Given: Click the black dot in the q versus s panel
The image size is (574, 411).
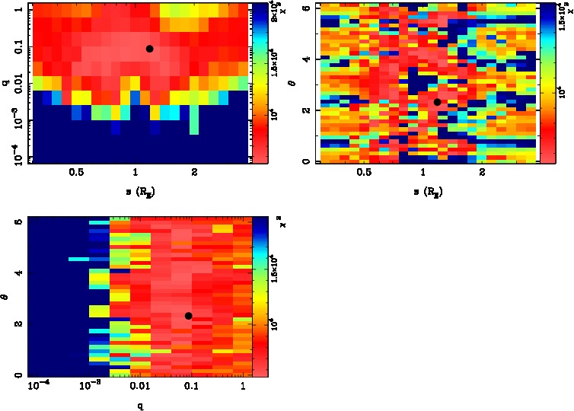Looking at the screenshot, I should (x=149, y=49).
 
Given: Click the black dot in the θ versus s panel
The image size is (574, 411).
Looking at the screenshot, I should (x=437, y=102).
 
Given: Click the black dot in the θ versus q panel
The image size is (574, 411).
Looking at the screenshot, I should (x=188, y=316).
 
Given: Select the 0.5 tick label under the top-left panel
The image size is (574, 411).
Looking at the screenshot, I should (x=76, y=173).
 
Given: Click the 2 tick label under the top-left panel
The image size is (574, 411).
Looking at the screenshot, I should (x=195, y=173).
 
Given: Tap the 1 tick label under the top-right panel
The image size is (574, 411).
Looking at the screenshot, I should (x=423, y=173).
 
